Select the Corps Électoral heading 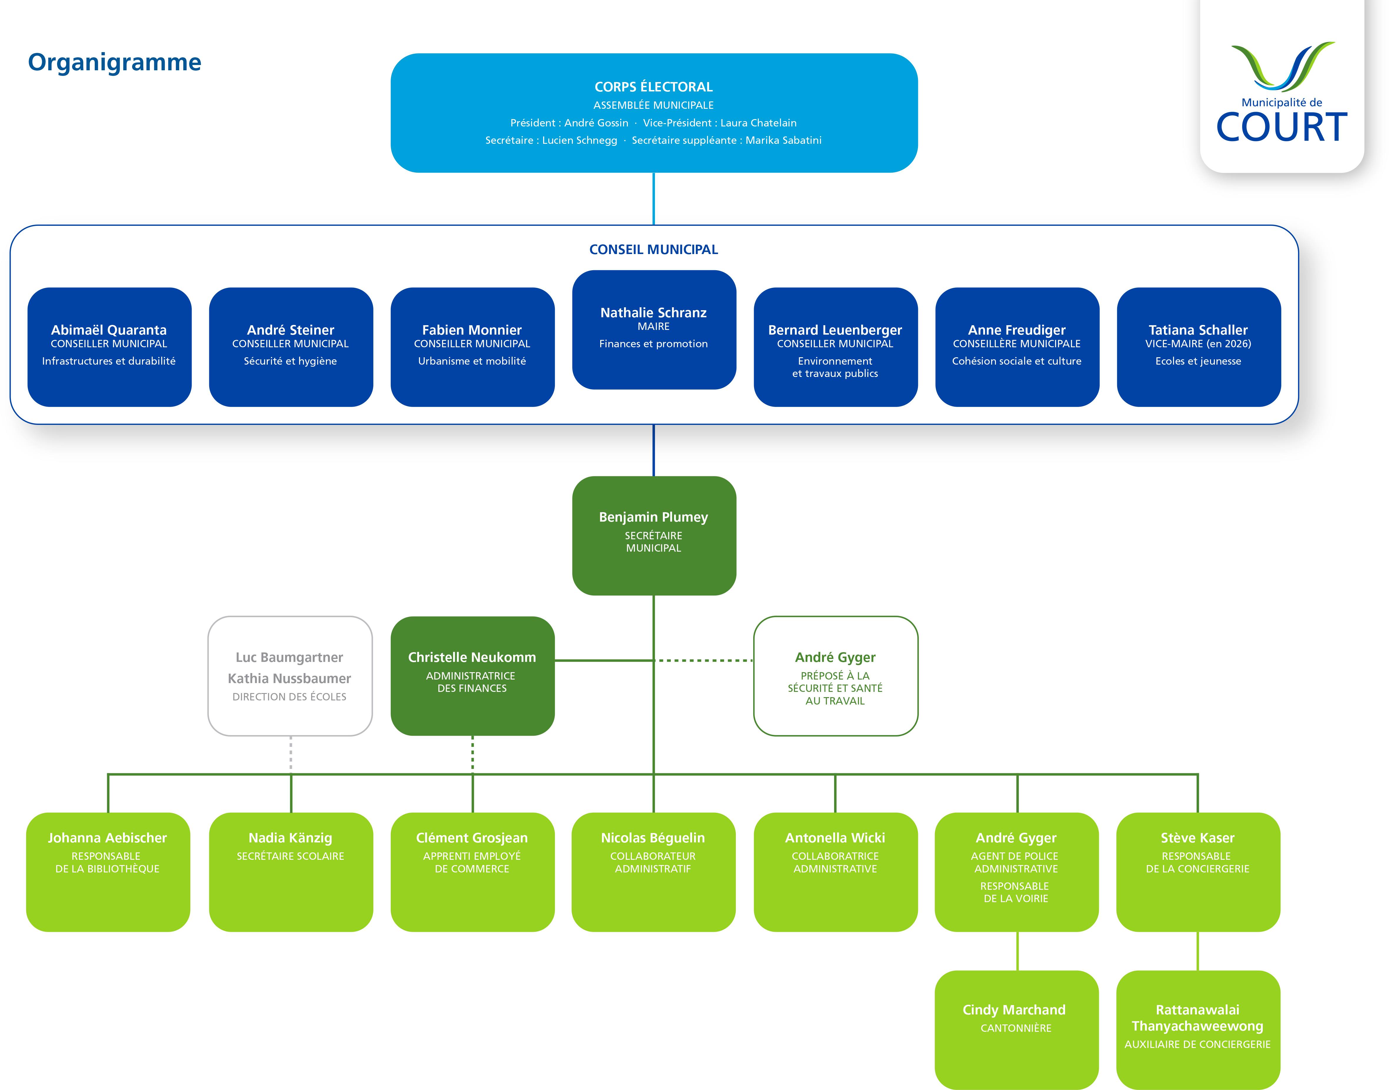click(653, 87)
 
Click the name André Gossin click(596, 123)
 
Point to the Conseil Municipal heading click(653, 250)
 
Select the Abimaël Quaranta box click(109, 347)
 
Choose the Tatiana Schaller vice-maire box click(1198, 347)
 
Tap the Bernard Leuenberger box click(835, 347)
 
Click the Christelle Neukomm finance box click(472, 675)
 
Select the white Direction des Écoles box click(290, 675)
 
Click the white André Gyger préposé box click(835, 675)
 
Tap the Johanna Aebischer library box click(108, 871)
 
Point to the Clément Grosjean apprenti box click(472, 871)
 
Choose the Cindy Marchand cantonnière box click(1016, 1027)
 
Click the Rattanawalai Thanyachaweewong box click(1198, 1027)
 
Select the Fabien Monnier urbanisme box click(472, 347)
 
